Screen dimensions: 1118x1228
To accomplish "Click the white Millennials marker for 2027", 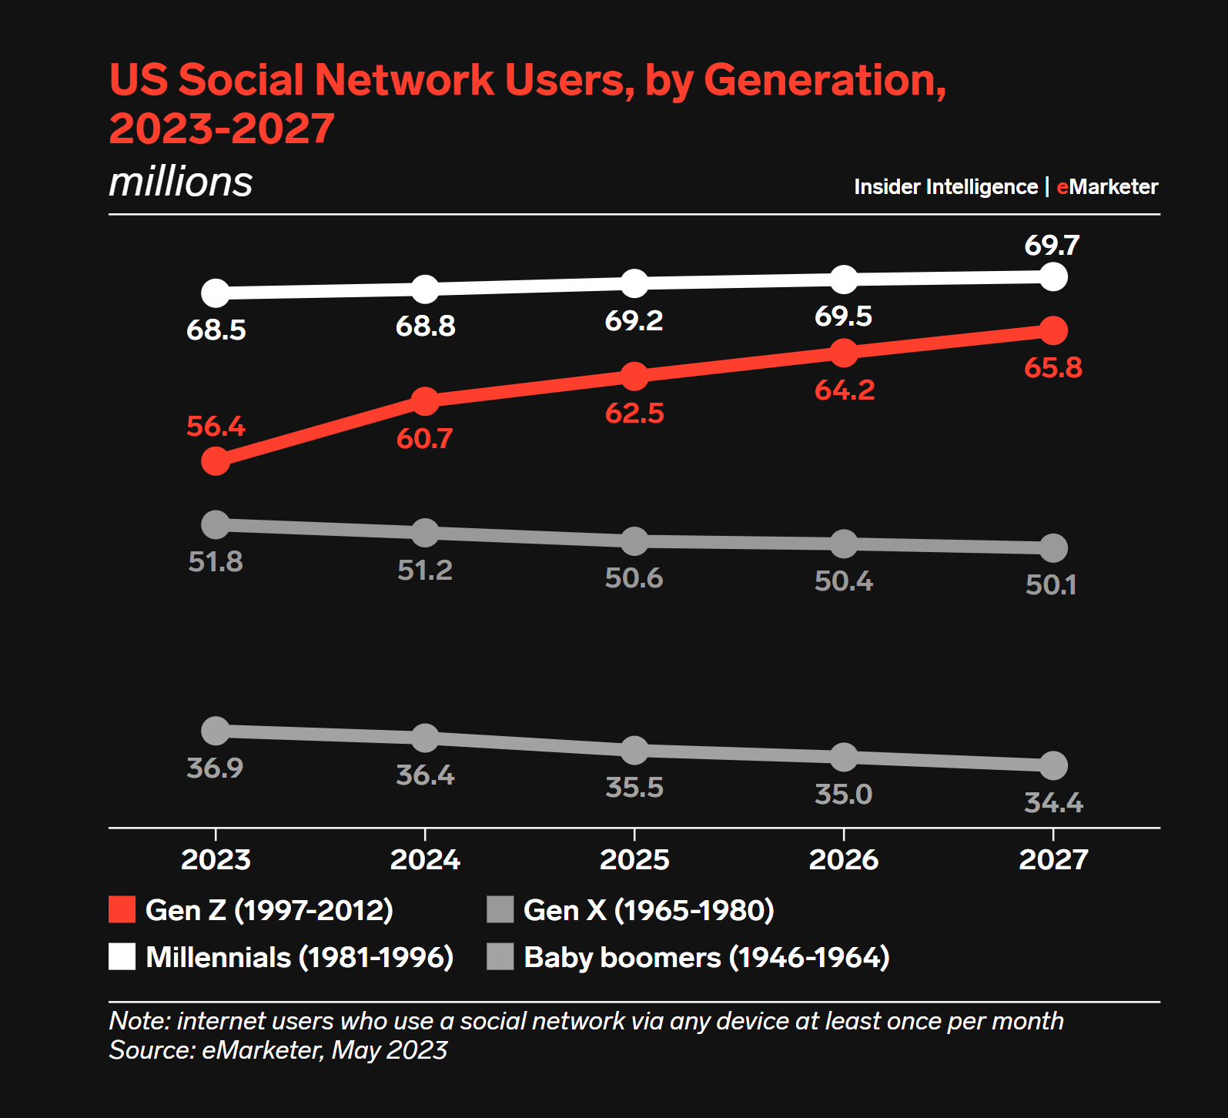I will coord(1053,276).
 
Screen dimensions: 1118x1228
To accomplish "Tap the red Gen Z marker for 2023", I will coord(216,461).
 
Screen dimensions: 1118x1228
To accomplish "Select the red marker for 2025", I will coord(634,377).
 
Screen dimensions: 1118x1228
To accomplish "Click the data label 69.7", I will coord(1052,246).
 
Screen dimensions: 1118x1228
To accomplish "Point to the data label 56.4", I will coord(216,427).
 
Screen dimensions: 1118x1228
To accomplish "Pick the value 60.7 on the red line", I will coord(424,439).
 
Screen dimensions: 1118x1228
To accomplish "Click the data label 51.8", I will coord(216,562).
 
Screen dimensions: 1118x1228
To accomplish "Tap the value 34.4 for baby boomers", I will coord(1053,803).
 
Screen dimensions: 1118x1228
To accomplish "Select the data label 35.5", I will coord(634,788).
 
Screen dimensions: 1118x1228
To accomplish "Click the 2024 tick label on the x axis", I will coord(425,859).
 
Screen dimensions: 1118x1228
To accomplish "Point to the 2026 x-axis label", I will coord(844,859).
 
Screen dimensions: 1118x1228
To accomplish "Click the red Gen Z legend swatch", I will coord(122,909).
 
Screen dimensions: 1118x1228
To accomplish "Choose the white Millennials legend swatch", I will coord(122,956).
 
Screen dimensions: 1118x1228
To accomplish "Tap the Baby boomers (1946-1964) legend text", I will coord(707,957).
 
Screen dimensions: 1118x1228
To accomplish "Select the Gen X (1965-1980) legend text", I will coord(649,910).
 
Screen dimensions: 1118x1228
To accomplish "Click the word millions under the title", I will coord(181,182).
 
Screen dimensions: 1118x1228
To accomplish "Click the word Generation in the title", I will coord(825,80).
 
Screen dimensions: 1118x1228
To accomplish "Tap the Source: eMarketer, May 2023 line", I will coord(278,1050).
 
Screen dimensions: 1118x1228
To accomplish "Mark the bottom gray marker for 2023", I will coord(216,731).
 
